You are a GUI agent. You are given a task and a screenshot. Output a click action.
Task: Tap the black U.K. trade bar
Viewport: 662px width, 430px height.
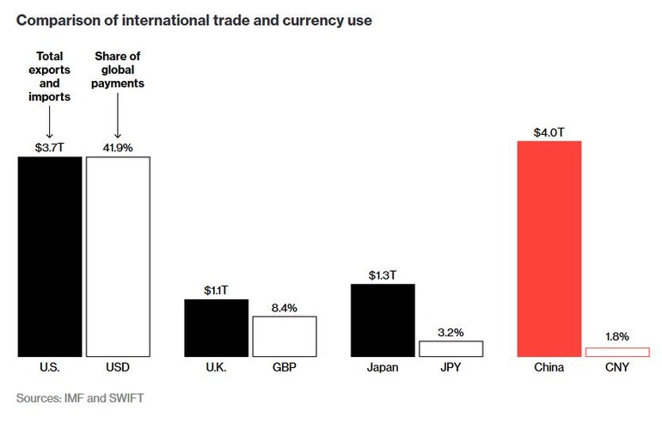coord(216,328)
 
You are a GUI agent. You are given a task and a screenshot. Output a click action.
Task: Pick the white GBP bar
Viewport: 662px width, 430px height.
coord(284,336)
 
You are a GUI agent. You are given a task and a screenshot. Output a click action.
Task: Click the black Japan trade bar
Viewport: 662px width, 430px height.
coord(383,320)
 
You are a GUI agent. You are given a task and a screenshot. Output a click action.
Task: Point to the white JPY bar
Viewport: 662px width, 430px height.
coord(451,348)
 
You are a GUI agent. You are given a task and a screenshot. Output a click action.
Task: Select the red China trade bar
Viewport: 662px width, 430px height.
coord(549,249)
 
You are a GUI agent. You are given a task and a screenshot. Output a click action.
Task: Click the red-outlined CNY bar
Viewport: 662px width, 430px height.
coord(617,352)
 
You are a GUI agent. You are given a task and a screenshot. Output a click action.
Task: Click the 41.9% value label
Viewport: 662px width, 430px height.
coord(118,148)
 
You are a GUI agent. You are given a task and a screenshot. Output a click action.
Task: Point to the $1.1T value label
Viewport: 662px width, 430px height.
coord(216,291)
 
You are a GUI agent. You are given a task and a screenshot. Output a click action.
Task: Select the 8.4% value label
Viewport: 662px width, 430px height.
coord(284,307)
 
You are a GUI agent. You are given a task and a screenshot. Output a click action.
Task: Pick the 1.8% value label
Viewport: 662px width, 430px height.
coord(617,338)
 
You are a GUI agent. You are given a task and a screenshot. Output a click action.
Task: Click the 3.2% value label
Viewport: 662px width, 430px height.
coord(451,331)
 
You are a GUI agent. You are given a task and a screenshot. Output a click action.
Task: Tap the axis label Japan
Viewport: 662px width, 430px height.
coord(383,368)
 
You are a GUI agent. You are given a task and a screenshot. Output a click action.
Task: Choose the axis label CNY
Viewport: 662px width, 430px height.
coord(617,368)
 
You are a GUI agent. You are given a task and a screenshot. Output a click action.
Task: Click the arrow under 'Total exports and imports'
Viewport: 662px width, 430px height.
coord(50,126)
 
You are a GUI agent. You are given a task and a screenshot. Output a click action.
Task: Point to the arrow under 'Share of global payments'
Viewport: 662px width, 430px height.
coord(118,126)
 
